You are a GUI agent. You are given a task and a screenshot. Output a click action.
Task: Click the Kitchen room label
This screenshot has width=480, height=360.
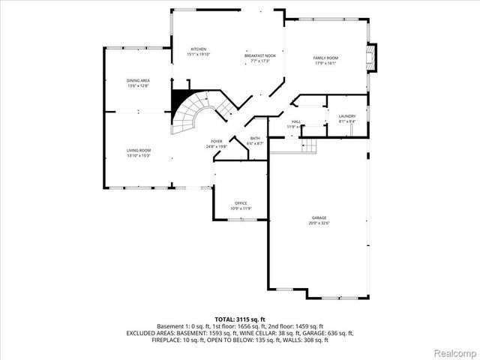click(x=198, y=49)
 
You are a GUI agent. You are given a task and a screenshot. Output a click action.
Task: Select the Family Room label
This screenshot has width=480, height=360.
click(x=325, y=58)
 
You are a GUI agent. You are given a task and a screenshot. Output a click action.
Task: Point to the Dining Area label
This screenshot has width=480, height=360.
click(x=138, y=80)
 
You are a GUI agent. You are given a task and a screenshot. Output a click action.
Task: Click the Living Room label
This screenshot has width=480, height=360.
click(x=138, y=150)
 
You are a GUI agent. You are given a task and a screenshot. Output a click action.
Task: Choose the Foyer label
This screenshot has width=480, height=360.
click(x=216, y=141)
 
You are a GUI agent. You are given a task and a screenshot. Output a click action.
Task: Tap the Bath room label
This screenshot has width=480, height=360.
click(x=255, y=138)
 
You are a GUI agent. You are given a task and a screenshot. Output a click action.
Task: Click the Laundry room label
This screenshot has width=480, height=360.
click(x=346, y=116)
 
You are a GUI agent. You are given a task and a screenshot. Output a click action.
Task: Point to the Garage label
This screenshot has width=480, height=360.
click(x=319, y=217)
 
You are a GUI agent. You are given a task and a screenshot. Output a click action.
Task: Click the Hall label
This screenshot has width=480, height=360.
click(x=295, y=121)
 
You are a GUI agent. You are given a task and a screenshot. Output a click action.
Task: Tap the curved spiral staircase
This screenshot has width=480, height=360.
click(x=197, y=112)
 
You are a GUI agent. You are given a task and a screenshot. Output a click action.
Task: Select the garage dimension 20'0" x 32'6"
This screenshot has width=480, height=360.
click(x=319, y=223)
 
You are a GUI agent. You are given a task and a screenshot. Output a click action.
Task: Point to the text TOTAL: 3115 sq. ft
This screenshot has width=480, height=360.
click(x=239, y=319)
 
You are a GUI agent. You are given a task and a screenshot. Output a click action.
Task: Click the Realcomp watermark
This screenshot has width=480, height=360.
click(x=454, y=350)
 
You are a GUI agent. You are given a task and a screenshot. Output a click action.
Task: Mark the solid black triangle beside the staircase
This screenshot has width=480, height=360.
click(x=180, y=99)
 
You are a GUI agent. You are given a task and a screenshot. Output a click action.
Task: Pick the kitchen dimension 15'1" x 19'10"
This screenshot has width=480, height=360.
click(x=198, y=55)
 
